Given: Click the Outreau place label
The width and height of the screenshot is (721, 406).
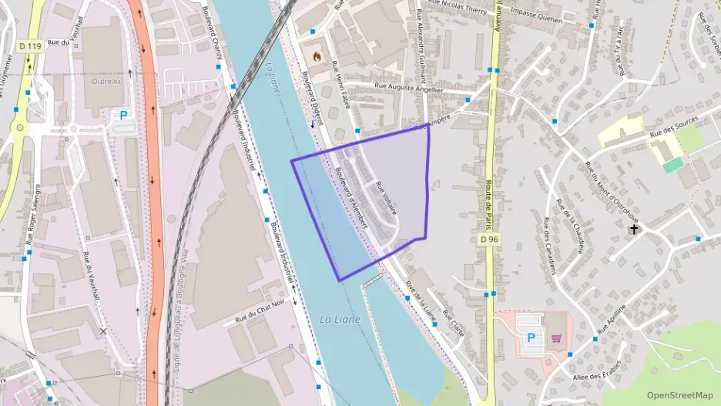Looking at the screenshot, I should [106, 81].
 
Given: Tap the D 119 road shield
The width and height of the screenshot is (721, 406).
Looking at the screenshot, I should [29, 46].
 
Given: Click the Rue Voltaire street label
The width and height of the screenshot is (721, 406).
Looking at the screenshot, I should [386, 196].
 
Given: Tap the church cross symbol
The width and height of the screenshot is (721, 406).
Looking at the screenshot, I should [634, 229].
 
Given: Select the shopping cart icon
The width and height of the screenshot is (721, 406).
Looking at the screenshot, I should [556, 337].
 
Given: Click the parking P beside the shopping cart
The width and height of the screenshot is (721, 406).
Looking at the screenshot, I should [531, 337].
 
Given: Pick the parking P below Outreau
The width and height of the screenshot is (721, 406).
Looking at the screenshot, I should [122, 116].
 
